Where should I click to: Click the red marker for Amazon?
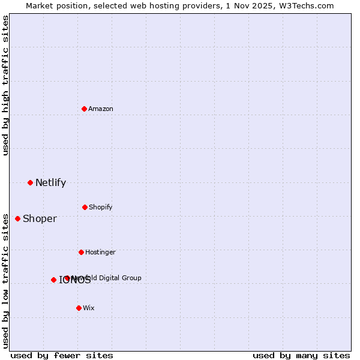[x=84, y=109]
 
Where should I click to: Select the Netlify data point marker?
[x=30, y=182]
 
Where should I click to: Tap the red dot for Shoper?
[x=17, y=218]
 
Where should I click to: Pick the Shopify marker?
[x=85, y=207]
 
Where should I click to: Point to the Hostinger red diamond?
[x=81, y=252]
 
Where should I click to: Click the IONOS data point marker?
[x=53, y=280]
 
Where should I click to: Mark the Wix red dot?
[x=79, y=308]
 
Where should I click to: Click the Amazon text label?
[x=101, y=109]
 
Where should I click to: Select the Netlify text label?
[x=50, y=182]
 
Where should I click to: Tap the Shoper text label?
[x=40, y=218]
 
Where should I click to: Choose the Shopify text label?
[x=101, y=207]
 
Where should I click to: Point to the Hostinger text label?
[x=100, y=252]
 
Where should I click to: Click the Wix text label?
[x=89, y=308]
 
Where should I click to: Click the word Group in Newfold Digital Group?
[x=131, y=278]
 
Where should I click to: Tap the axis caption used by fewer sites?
[x=62, y=355]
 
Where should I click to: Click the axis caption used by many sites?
[x=301, y=355]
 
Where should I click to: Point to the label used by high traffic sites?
[x=5, y=85]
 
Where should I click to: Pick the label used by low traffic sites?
[x=5, y=280]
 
